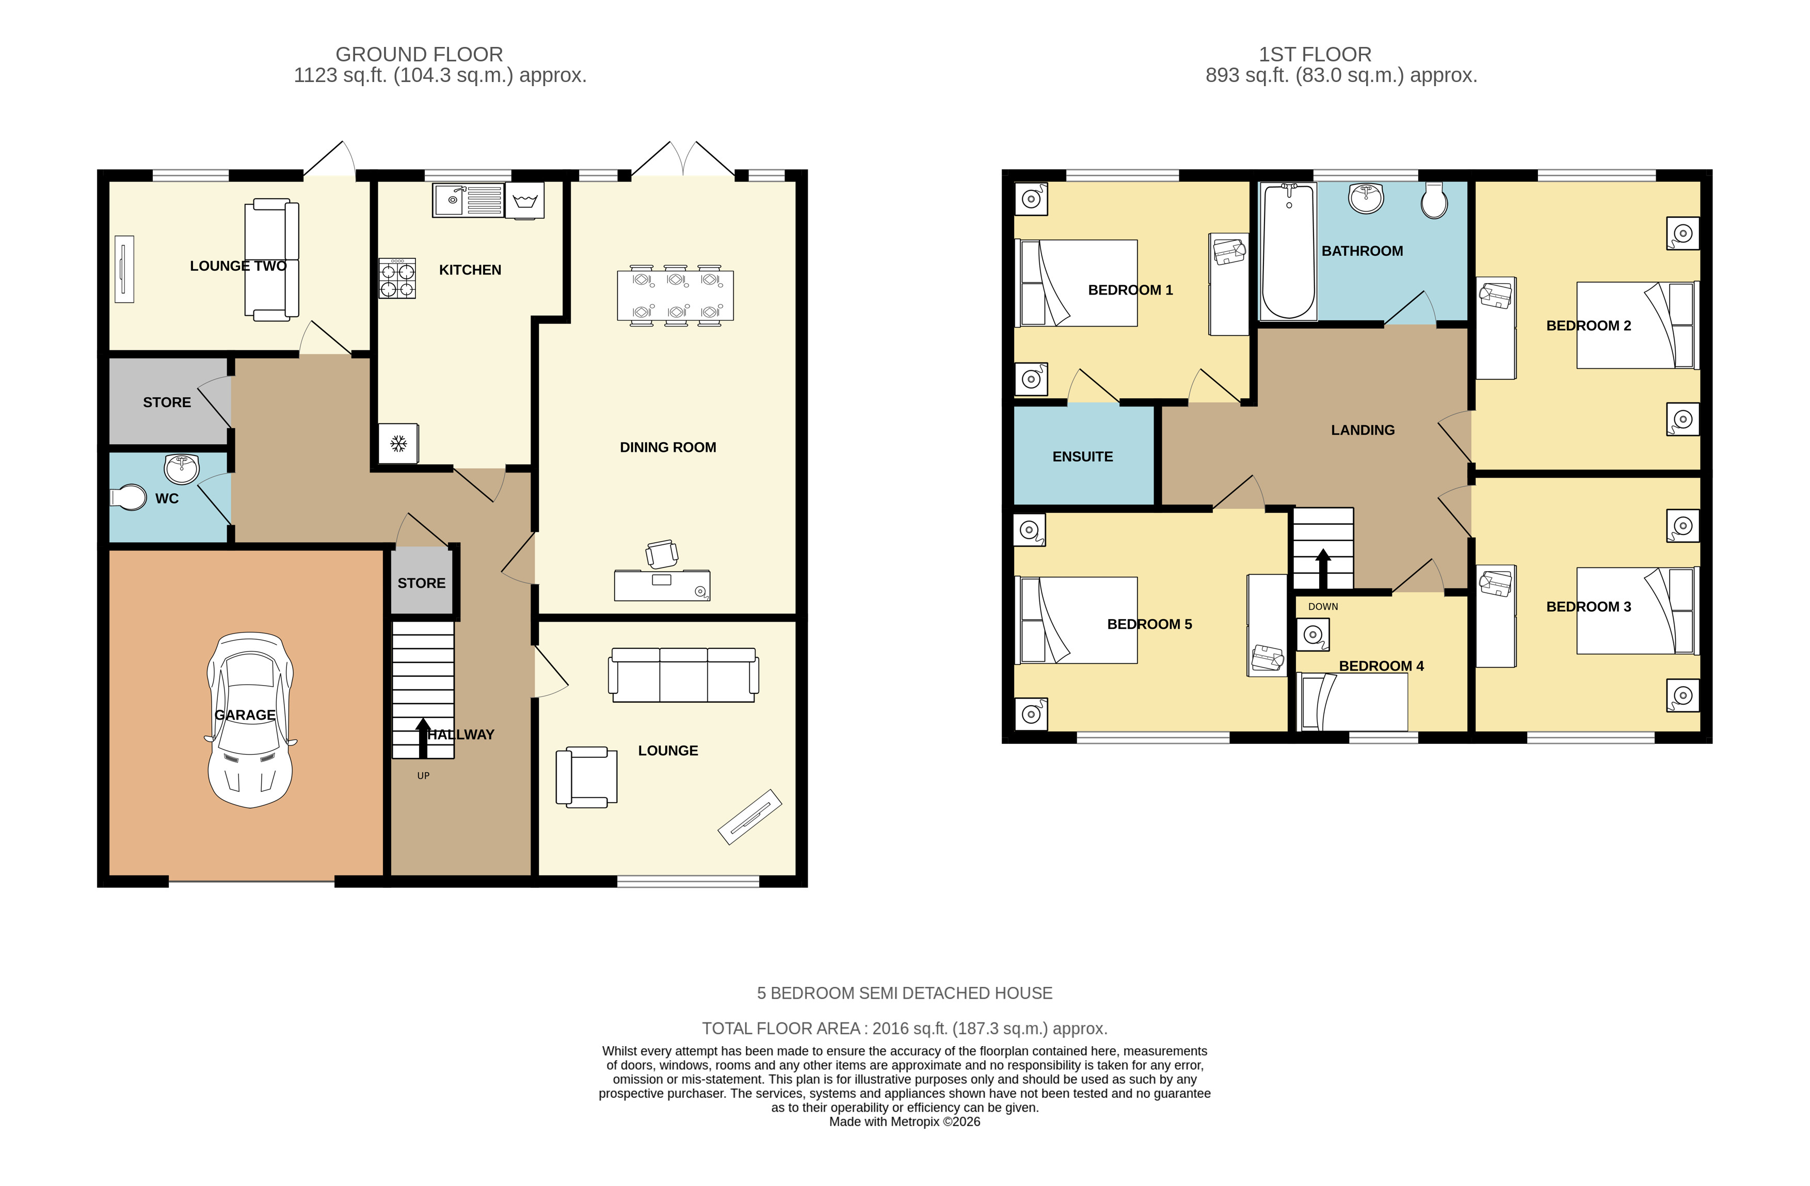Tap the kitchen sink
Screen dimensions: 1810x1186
tap(468, 200)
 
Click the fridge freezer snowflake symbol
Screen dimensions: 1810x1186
tap(398, 443)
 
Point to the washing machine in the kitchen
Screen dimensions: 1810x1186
tap(525, 201)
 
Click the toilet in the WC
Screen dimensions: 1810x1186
tap(129, 498)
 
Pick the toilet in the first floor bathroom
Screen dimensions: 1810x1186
tap(1434, 200)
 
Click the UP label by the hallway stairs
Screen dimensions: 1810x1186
tap(424, 775)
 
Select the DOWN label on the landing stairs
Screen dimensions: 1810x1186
tap(1323, 607)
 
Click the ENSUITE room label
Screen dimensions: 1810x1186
tap(1082, 457)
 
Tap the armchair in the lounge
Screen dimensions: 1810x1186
tap(586, 776)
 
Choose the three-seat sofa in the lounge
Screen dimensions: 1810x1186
tap(683, 674)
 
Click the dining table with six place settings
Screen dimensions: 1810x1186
tap(675, 296)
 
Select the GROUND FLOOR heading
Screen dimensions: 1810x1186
tap(419, 55)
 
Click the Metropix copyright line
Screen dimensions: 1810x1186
tap(904, 1122)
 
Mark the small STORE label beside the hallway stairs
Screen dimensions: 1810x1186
tap(421, 583)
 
